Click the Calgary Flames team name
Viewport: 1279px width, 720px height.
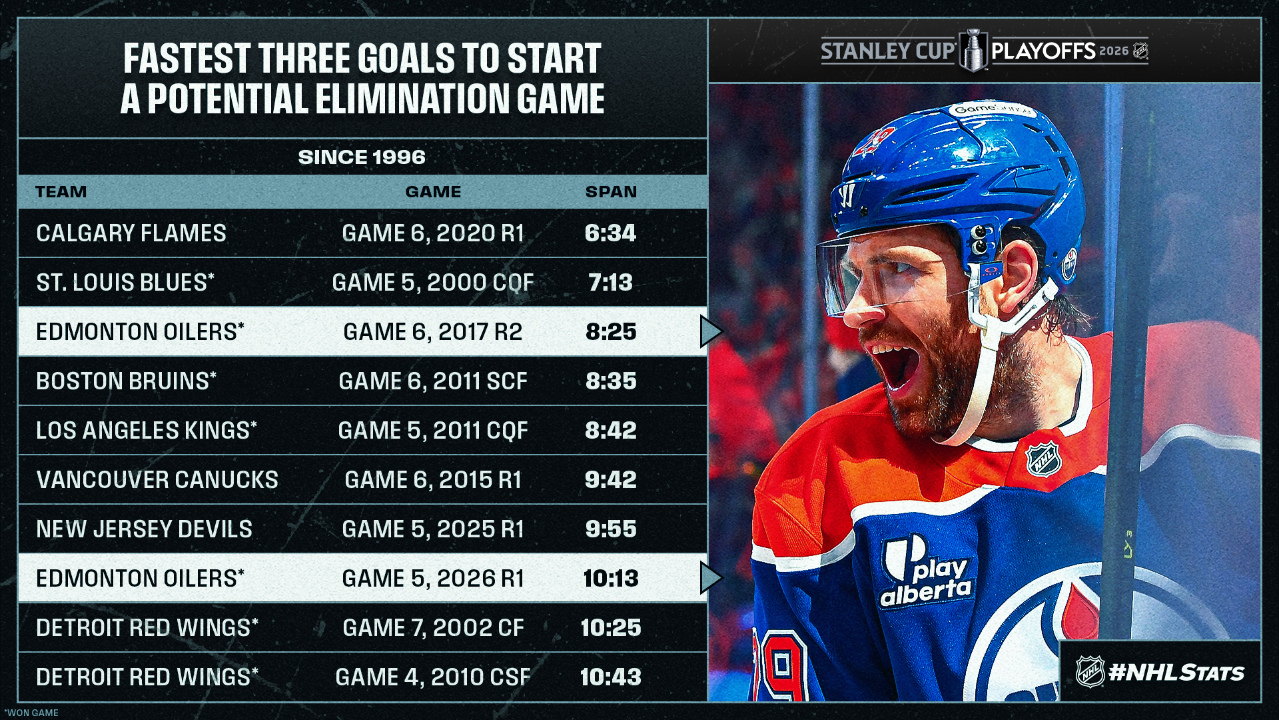131,233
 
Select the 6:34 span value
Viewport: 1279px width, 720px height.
610,233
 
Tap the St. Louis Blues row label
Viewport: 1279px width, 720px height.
125,283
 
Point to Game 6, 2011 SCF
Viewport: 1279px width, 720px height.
433,381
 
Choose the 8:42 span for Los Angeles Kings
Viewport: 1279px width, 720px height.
610,431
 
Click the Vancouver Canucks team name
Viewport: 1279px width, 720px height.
157,480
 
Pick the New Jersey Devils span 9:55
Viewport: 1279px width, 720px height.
610,529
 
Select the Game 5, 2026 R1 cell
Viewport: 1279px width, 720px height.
433,579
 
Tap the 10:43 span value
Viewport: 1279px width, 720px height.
610,677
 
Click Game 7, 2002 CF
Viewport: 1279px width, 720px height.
433,628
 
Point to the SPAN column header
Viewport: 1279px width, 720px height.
611,192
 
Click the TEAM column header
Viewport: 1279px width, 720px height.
61,192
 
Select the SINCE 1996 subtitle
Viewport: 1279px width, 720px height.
362,157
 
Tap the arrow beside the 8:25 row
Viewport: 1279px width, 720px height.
711,331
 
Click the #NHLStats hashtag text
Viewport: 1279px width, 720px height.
1176,673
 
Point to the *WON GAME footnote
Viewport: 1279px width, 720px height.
32,713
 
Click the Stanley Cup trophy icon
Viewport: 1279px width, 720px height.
973,50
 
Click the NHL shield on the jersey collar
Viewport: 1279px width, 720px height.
1043,459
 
